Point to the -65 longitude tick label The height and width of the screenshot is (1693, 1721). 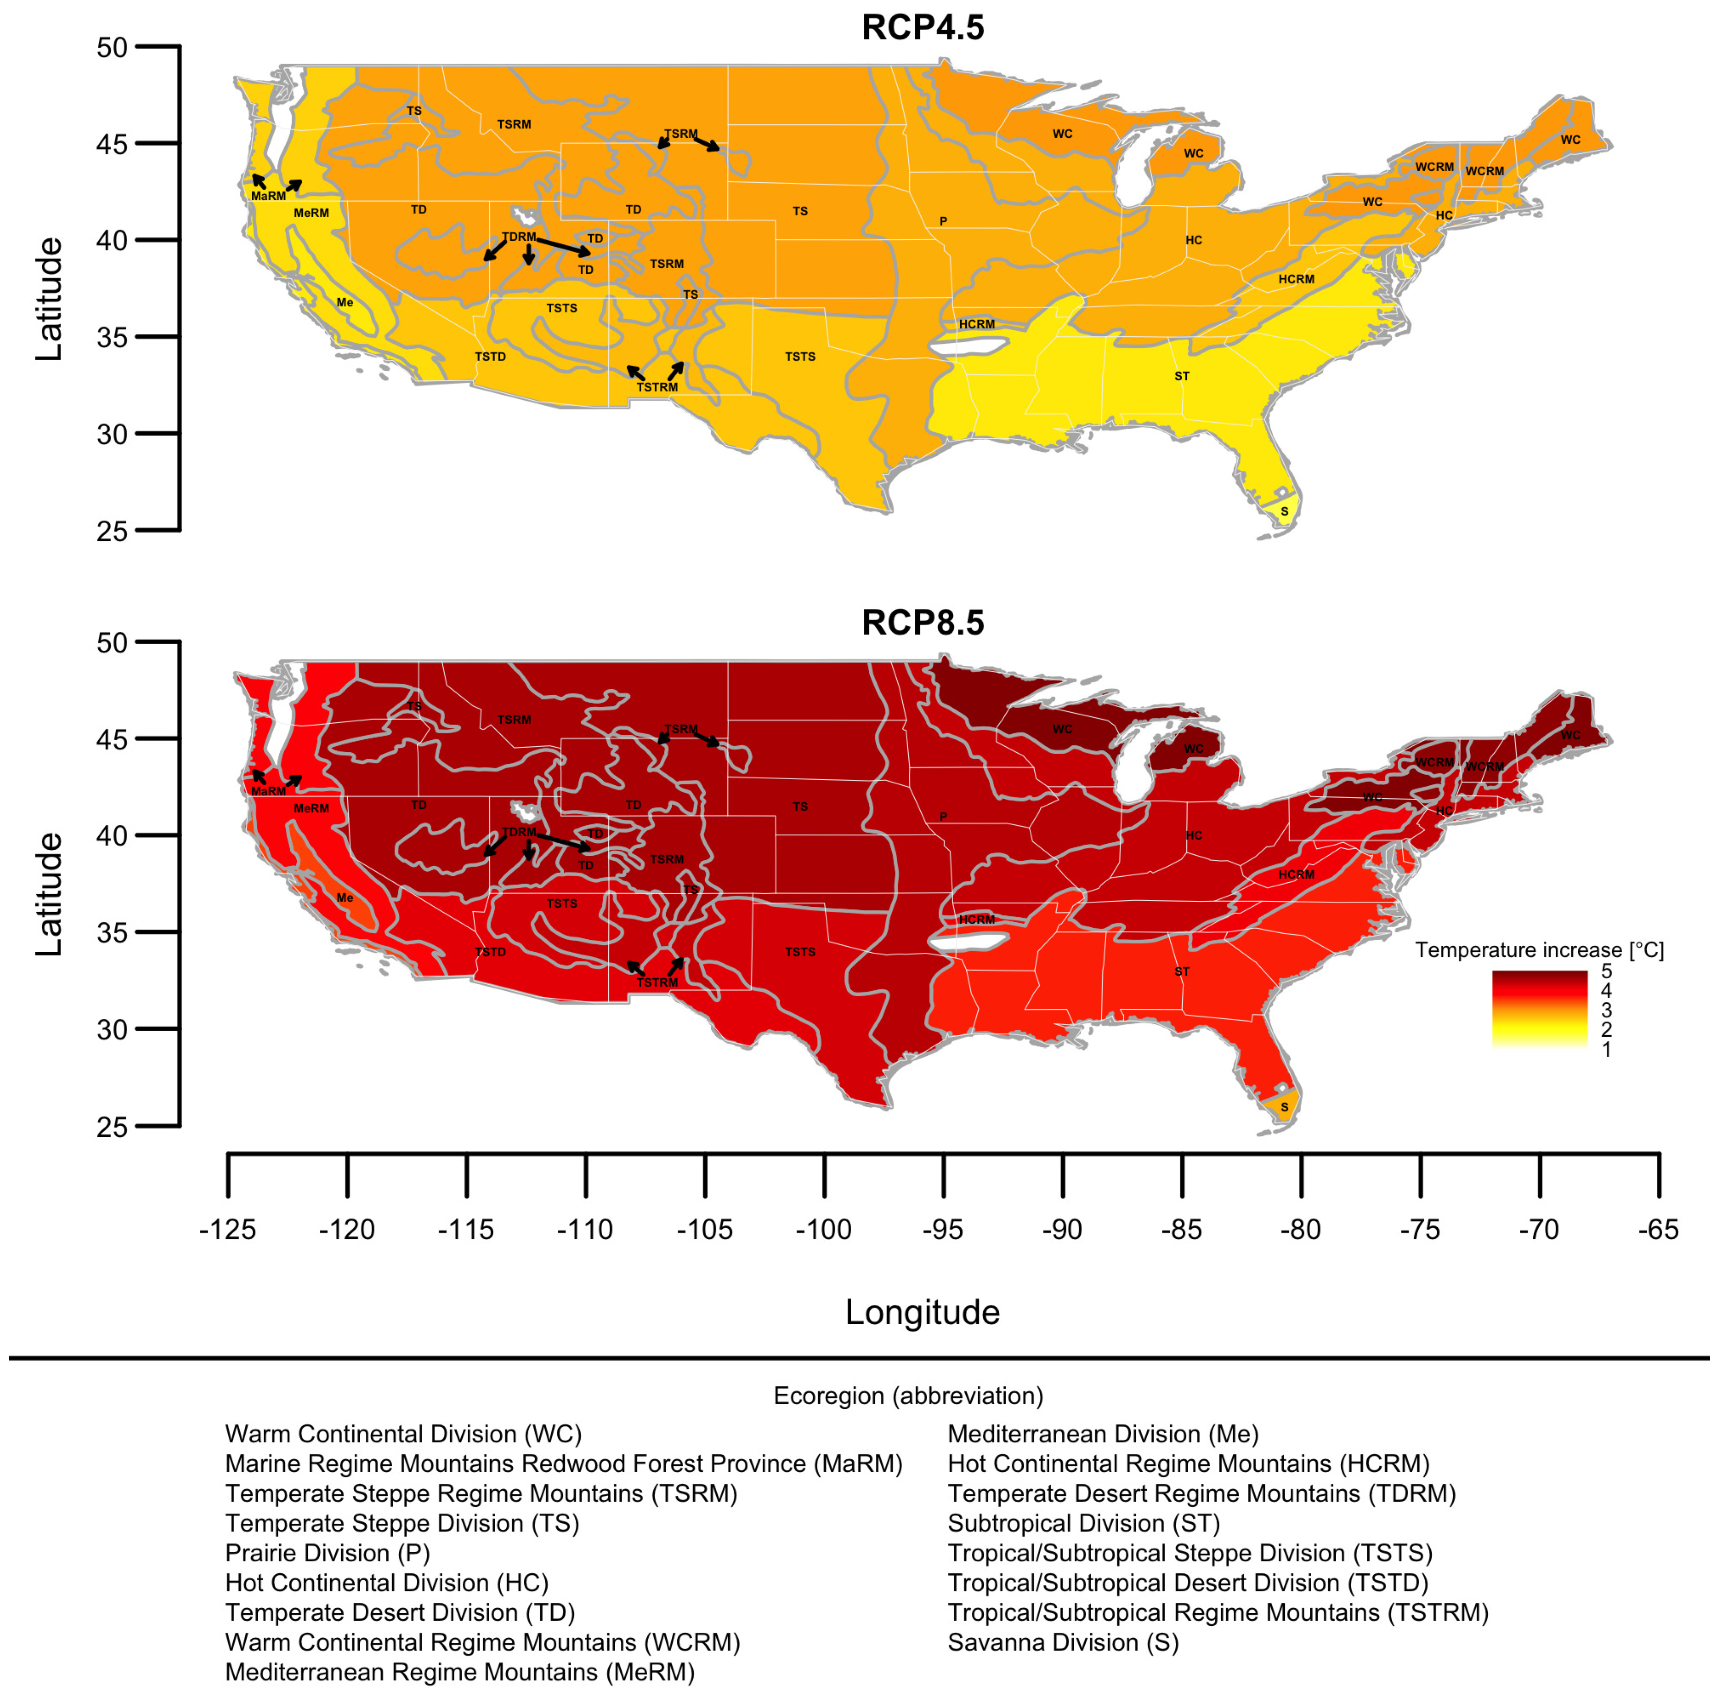1658,1230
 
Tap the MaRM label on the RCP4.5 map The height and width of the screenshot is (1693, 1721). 268,196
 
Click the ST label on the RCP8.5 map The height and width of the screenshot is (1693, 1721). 1181,971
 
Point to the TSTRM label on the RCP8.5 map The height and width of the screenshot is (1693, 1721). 657,982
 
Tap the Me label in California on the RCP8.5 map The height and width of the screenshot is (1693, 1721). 345,898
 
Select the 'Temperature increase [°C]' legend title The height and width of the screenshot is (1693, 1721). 1539,949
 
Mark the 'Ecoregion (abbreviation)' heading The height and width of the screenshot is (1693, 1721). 908,1395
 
